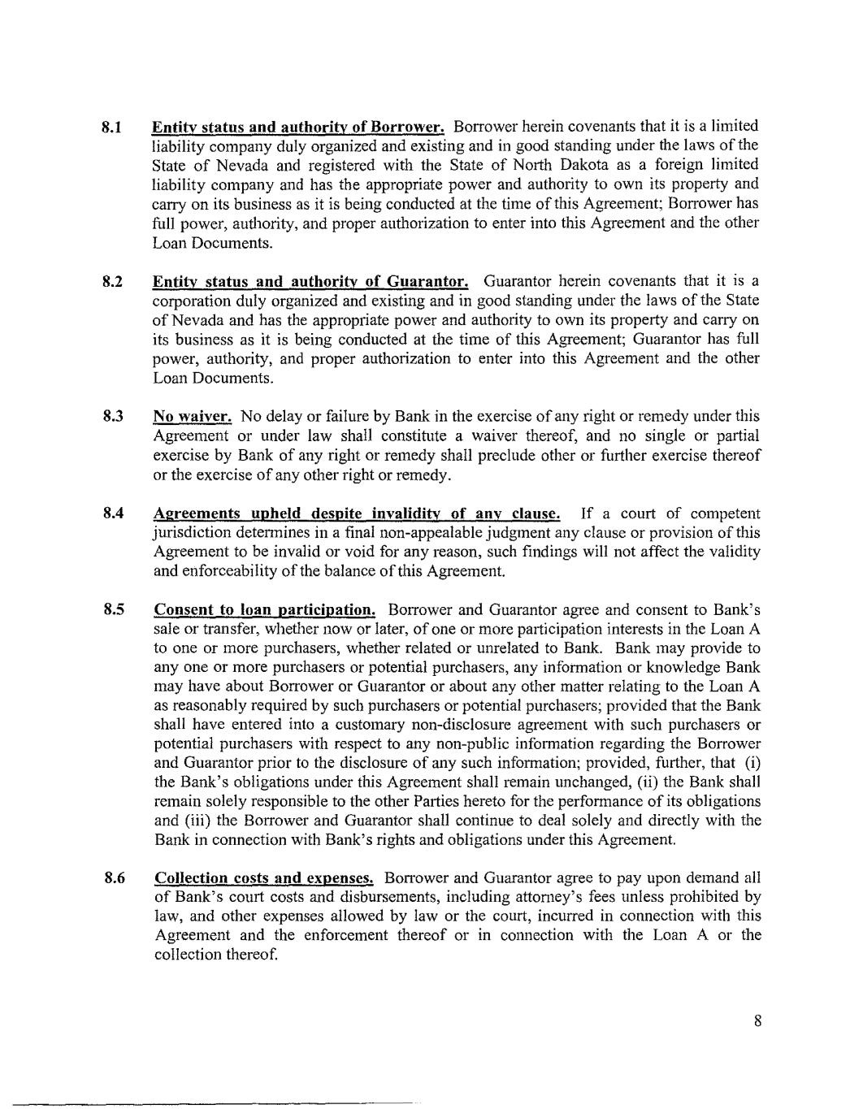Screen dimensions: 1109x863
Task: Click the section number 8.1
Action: [x=111, y=128]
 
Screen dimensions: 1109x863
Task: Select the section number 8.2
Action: [x=112, y=282]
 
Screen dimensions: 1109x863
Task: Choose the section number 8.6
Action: [x=112, y=878]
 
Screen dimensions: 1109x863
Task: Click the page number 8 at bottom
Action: [x=757, y=1022]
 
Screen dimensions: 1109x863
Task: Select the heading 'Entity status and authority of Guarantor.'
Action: [x=310, y=282]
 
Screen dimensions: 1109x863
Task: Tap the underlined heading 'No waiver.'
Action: [x=193, y=418]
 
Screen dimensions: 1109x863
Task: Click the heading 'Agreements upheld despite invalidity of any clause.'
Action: [x=357, y=514]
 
